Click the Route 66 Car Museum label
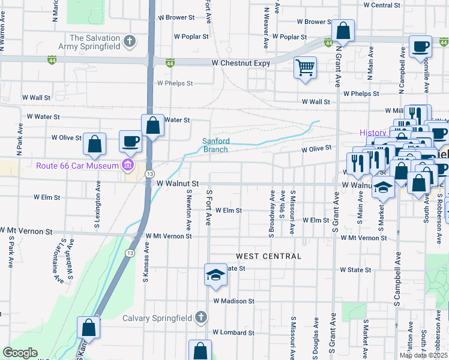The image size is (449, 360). pos(77,166)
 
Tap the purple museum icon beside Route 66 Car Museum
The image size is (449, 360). pos(127,166)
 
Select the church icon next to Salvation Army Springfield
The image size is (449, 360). pos(128,42)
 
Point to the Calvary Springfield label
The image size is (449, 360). pos(157,318)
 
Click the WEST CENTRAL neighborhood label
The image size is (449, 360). pos(268,256)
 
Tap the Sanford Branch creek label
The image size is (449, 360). pos(215,145)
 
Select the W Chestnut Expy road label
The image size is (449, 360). pos(238,62)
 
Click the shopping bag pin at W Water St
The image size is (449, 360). pos(152,125)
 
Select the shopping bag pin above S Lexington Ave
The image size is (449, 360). pos(94,143)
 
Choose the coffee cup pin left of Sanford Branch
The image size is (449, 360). pos(130,141)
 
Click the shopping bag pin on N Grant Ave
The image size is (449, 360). pos(343,29)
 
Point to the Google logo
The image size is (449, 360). pos(20,353)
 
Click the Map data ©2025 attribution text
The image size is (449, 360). pos(423,355)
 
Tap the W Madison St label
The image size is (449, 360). pos(234,301)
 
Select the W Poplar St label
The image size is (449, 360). pos(191,36)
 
